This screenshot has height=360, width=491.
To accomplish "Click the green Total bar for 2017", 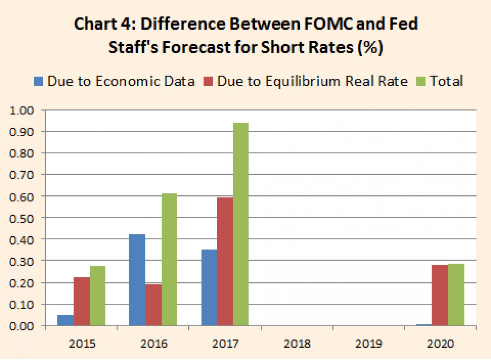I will (241, 224).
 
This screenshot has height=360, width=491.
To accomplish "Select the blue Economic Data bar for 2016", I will (137, 280).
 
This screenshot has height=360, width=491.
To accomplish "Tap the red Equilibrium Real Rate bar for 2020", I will (440, 295).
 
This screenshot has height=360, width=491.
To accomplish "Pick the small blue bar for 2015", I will (65, 320).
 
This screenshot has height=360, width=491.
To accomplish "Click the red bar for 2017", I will (225, 261).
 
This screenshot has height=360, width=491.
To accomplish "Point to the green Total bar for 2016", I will (169, 259).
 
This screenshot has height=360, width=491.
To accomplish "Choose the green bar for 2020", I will (456, 295).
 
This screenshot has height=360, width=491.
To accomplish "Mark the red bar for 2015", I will (82, 301).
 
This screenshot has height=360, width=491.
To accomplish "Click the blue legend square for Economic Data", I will (38, 81).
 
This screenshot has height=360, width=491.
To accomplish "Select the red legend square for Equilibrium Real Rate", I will (208, 81).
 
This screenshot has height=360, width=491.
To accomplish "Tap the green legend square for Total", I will (421, 81).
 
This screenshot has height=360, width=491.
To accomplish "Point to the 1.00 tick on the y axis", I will (22, 111).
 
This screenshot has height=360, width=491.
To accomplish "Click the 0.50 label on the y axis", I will (22, 218).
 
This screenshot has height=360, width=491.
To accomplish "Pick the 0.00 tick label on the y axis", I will (22, 326).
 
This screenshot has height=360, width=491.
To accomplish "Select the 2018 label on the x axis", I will (297, 343).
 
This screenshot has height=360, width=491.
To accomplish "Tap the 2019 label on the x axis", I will (369, 343).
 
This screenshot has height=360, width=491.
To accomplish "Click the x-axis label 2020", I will (440, 343).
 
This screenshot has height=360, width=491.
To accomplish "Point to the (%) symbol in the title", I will (370, 48).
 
